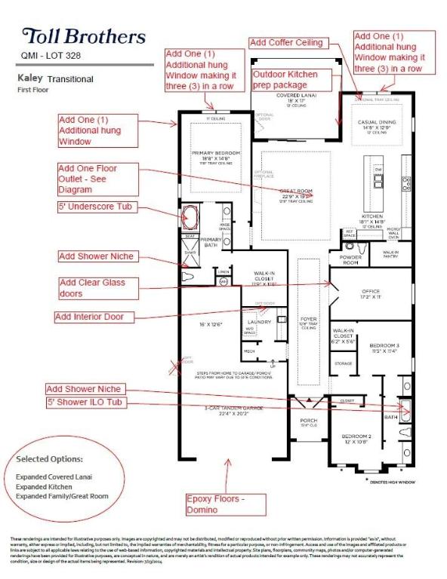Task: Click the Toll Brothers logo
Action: click(84, 35)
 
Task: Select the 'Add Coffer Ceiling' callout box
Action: click(287, 42)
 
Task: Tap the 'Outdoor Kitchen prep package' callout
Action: click(285, 80)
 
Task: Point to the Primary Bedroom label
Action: click(215, 156)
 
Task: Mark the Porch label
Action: click(307, 422)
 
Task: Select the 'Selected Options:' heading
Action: click(51, 458)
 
